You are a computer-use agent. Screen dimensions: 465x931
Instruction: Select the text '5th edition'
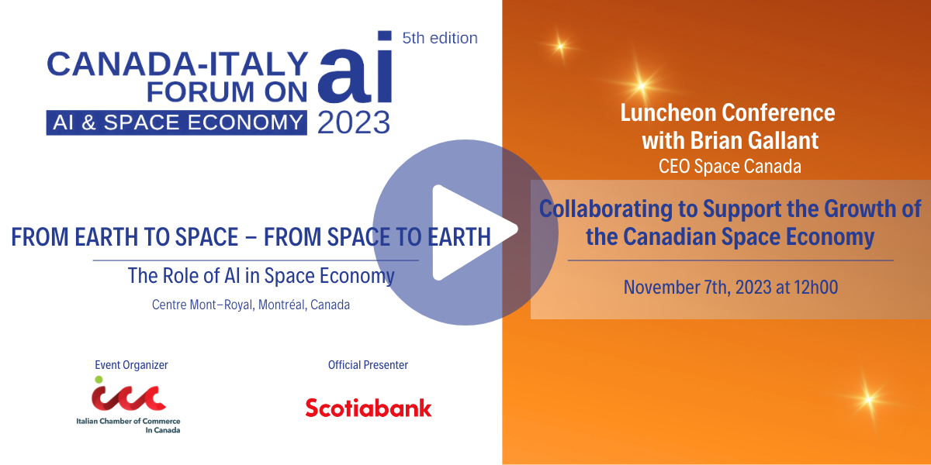pos(439,37)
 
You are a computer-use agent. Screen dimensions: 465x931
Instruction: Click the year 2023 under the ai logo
pos(353,122)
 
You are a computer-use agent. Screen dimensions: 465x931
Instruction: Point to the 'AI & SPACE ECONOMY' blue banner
pos(176,122)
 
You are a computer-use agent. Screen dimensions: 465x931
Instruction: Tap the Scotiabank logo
pos(368,408)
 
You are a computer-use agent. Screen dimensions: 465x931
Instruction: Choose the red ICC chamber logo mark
pos(128,396)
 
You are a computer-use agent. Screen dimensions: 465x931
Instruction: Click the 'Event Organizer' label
pos(131,364)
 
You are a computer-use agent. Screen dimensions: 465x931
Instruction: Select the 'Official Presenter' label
pos(368,364)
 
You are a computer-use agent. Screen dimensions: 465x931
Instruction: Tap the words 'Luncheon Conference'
pos(728,112)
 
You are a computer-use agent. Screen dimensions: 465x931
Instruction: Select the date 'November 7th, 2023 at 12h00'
pos(731,288)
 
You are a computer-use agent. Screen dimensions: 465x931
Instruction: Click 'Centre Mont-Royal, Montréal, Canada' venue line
pos(251,305)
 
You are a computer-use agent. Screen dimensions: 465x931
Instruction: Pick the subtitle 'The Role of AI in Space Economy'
pos(261,275)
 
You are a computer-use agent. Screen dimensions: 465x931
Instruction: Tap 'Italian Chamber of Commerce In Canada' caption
pos(128,425)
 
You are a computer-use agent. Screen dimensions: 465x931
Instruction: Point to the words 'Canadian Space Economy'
pos(768,236)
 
